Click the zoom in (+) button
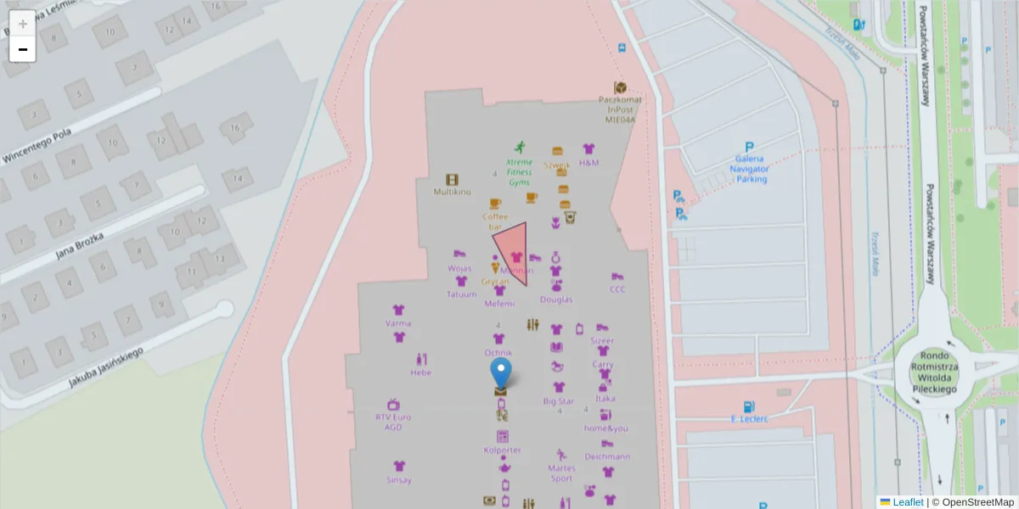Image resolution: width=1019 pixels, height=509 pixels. click(x=22, y=24)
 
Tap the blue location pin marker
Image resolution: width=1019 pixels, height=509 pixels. click(x=501, y=373)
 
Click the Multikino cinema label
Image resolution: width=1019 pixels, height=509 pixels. click(x=452, y=192)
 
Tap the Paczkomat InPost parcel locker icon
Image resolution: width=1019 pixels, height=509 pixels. click(x=620, y=88)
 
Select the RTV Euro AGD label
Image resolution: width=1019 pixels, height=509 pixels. click(x=393, y=422)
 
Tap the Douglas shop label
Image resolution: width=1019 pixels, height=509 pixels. click(x=555, y=299)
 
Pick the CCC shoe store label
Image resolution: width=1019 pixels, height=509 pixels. click(x=617, y=288)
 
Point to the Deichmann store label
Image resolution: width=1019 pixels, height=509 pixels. click(x=606, y=456)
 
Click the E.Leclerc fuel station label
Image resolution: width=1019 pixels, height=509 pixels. click(x=749, y=418)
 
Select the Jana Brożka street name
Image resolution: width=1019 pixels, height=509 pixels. click(x=79, y=243)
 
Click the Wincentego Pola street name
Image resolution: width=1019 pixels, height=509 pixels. click(x=37, y=146)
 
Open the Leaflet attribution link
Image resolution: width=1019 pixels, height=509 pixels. click(x=907, y=502)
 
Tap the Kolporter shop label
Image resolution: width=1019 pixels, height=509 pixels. click(x=502, y=450)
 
